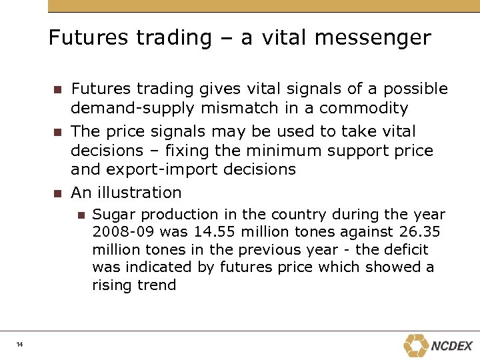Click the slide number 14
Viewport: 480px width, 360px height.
20,344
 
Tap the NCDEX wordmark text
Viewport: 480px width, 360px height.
451,346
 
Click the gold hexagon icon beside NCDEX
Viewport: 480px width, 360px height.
416,345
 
